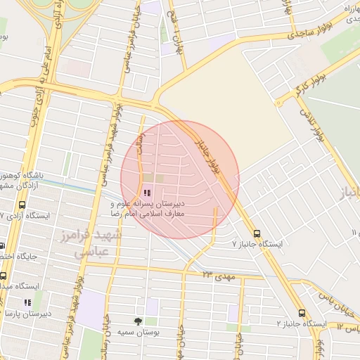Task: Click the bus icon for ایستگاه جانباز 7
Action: coord(256,232)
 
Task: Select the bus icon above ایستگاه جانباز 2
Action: coord(302,313)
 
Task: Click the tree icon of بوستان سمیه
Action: coord(138,321)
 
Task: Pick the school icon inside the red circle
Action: coord(147,192)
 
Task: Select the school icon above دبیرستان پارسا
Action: coord(27,302)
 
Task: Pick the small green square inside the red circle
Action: coord(158,179)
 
